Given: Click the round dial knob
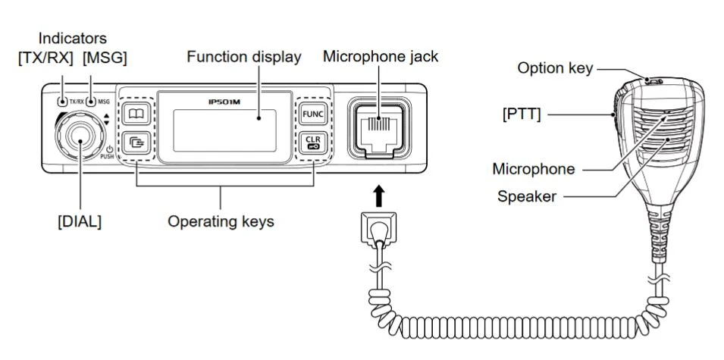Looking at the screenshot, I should pyautogui.click(x=79, y=137).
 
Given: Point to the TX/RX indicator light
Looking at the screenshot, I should pyautogui.click(x=61, y=101).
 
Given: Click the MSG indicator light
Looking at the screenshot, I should pyautogui.click(x=91, y=101).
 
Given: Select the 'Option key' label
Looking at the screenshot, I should pyautogui.click(x=554, y=68).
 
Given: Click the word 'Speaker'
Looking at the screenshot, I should pyautogui.click(x=527, y=196).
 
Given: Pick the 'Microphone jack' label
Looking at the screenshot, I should pyautogui.click(x=381, y=57).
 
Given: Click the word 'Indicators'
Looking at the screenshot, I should pyautogui.click(x=73, y=37).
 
